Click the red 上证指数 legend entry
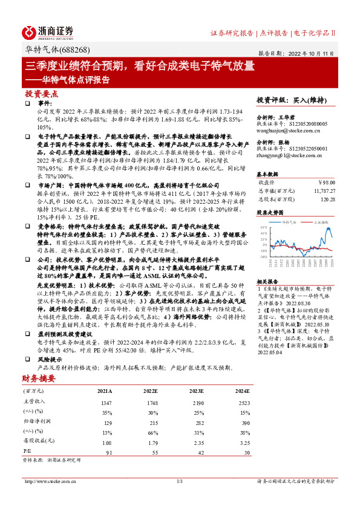coord(320,222)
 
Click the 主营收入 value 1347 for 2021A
coord(107,402)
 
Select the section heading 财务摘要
coord(39,378)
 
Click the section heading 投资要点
coord(42,94)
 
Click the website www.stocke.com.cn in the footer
coord(53,481)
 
